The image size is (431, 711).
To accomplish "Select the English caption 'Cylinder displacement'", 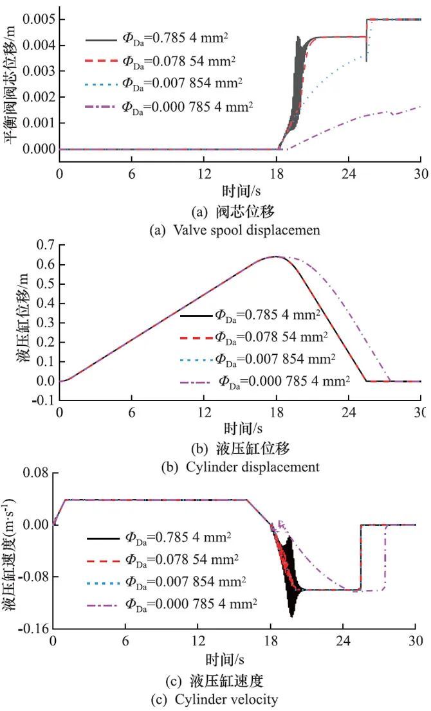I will [x=239, y=467].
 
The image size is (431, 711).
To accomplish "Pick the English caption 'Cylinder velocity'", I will [x=239, y=699].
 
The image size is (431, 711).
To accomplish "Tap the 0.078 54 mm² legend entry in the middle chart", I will [x=271, y=336].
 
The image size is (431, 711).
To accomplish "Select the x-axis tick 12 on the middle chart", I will [x=205, y=412].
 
